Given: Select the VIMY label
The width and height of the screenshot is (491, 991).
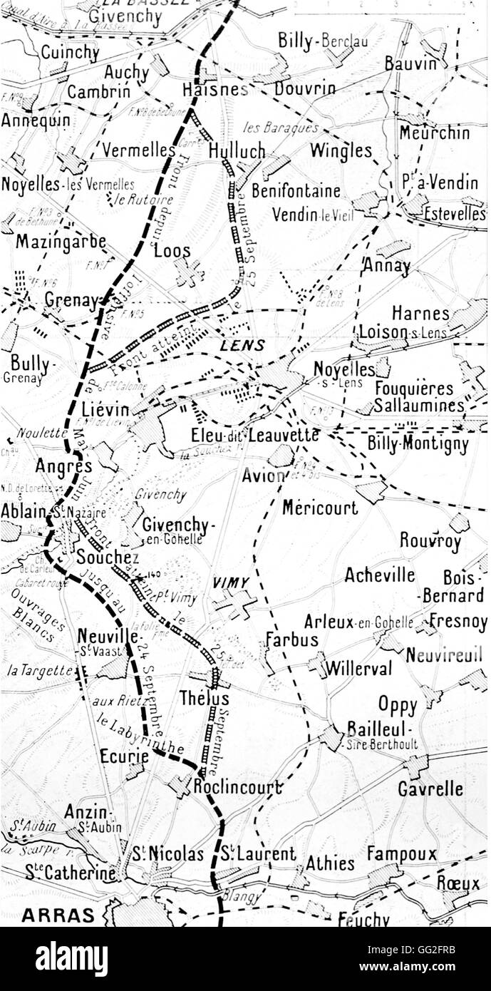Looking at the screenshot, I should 232,582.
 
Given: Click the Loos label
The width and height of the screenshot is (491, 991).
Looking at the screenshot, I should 172,251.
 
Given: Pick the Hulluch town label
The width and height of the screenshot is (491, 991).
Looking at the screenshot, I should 237,151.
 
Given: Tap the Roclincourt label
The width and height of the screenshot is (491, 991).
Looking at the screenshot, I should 238,788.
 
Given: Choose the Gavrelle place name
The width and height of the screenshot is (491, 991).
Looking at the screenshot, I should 430,789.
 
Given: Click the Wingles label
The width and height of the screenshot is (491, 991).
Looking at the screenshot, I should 341,150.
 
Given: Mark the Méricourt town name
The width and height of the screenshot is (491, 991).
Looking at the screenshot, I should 320,507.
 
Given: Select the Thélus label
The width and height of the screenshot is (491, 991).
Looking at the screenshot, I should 205,698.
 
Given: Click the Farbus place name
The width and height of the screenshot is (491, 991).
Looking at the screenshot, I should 292,639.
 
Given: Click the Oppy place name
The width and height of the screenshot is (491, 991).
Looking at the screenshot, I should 398,705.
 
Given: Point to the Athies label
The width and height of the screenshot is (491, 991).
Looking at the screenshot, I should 330,863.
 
